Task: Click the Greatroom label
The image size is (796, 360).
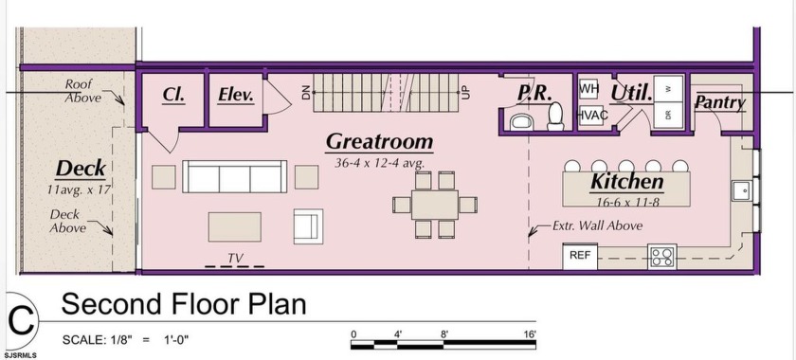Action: (x=379, y=142)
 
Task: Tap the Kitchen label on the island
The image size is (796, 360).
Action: (x=626, y=181)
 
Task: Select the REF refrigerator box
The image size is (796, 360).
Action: (x=580, y=256)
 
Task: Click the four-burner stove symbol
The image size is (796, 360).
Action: (x=662, y=257)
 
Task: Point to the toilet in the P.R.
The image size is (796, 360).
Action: (x=556, y=117)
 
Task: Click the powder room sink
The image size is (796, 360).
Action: (x=521, y=122)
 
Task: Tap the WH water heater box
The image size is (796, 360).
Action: (x=588, y=89)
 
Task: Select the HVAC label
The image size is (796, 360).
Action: (x=593, y=116)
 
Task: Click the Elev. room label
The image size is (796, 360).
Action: (x=236, y=95)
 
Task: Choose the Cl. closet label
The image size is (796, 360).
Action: (x=173, y=95)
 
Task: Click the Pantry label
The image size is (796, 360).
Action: (x=720, y=103)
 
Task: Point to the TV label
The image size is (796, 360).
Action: (x=235, y=259)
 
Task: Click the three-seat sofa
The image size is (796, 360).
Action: (x=235, y=177)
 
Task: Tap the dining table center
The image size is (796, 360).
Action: (x=435, y=206)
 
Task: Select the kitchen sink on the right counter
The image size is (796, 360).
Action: (x=742, y=191)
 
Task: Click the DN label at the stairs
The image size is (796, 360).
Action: (x=305, y=93)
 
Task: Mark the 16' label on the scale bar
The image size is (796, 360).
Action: (x=530, y=334)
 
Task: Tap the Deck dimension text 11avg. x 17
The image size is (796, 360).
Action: (x=79, y=189)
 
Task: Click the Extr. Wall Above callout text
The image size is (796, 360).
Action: (x=597, y=225)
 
